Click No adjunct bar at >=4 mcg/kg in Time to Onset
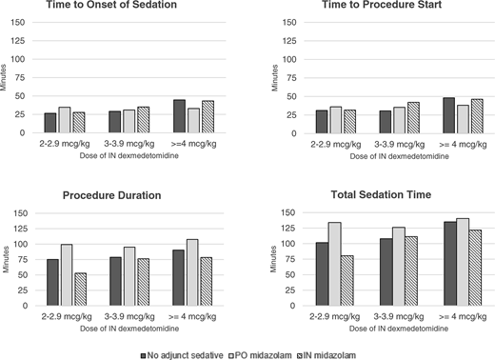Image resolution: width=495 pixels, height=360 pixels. point(180,116)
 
